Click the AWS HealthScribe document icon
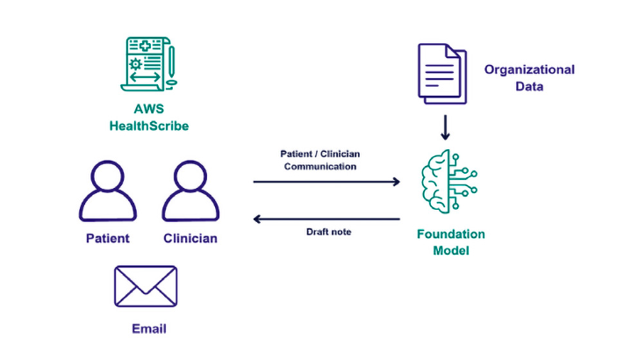click(x=148, y=64)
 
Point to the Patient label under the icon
click(x=108, y=238)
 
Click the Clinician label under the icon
click(x=190, y=238)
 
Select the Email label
click(x=148, y=329)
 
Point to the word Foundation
click(x=450, y=234)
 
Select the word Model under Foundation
click(x=450, y=251)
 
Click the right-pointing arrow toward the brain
click(x=326, y=182)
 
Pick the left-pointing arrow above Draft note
click(x=326, y=219)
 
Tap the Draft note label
click(x=327, y=232)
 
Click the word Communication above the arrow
click(x=319, y=165)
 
